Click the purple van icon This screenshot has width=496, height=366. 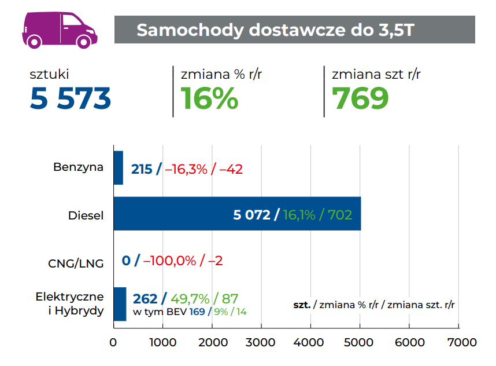point(59,28)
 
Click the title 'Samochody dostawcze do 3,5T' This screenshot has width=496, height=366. point(275,30)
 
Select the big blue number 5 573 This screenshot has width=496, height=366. point(71,99)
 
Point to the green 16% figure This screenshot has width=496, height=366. point(209,99)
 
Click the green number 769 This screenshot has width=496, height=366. point(360,99)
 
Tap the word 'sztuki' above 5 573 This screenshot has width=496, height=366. point(50,74)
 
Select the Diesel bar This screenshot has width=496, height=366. point(237,214)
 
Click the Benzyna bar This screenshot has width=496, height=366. point(118,168)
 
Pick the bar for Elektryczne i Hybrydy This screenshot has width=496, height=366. point(120,304)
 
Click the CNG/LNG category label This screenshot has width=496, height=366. point(76,263)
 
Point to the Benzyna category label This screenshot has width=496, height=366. point(79,168)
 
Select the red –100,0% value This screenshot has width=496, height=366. point(169,261)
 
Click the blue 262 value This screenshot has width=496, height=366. point(145,299)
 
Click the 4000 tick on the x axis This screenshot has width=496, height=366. point(311,342)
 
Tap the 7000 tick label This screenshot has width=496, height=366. point(459,342)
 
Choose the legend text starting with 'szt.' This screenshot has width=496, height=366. point(373,304)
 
